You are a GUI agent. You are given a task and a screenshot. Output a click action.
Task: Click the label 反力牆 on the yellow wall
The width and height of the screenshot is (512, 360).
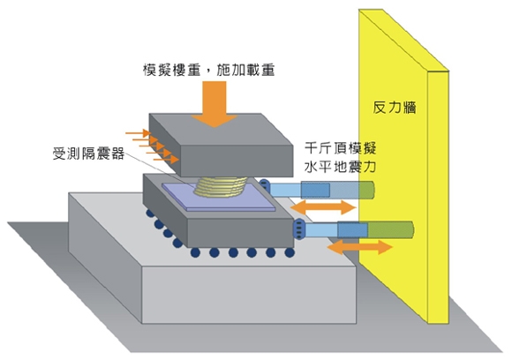coord(395,107)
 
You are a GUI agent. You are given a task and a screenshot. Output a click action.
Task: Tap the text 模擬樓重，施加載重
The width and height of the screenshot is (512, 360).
coord(209,70)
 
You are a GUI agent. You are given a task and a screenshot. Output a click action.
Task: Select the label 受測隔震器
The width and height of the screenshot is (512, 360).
coord(89,153)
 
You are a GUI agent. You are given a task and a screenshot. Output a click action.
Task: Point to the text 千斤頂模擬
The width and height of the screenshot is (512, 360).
coord(340,148)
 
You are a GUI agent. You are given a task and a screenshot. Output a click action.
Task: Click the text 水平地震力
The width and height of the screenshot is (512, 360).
coord(340,167)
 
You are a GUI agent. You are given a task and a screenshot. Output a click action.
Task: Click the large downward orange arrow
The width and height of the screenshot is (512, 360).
coord(215,104)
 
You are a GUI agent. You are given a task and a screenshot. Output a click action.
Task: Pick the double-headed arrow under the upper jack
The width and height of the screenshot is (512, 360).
coord(323,207)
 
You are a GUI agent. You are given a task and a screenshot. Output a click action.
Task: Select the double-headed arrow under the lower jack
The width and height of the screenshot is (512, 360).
coord(359,247)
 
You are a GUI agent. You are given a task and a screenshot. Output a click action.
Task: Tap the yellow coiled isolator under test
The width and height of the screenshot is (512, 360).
coord(221,187)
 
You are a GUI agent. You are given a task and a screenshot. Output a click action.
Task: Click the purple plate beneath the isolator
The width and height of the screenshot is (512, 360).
coord(218,197)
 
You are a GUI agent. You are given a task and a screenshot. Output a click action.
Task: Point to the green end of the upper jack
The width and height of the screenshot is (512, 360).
coord(366,190)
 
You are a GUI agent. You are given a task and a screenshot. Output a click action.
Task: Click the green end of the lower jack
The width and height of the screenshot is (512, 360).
coord(391,229)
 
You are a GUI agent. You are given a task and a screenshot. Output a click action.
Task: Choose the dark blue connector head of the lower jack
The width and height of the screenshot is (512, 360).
coord(299,229)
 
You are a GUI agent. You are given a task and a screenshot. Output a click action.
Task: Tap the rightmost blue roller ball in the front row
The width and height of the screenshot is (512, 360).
coord(290,252)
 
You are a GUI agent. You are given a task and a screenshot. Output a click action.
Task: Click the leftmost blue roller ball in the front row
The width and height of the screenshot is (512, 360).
coord(195,252)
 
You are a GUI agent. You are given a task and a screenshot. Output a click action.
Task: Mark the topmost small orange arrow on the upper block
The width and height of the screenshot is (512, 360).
coord(138,133)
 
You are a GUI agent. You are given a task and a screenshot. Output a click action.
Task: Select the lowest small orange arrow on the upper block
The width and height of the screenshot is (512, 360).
coord(166,160)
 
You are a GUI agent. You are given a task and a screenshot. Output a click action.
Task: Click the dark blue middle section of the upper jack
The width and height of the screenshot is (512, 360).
coord(315,190)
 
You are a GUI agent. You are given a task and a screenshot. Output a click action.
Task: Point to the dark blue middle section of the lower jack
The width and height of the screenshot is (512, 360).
coord(352,229)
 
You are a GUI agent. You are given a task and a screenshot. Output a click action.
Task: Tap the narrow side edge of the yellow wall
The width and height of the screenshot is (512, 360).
coord(438,197)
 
